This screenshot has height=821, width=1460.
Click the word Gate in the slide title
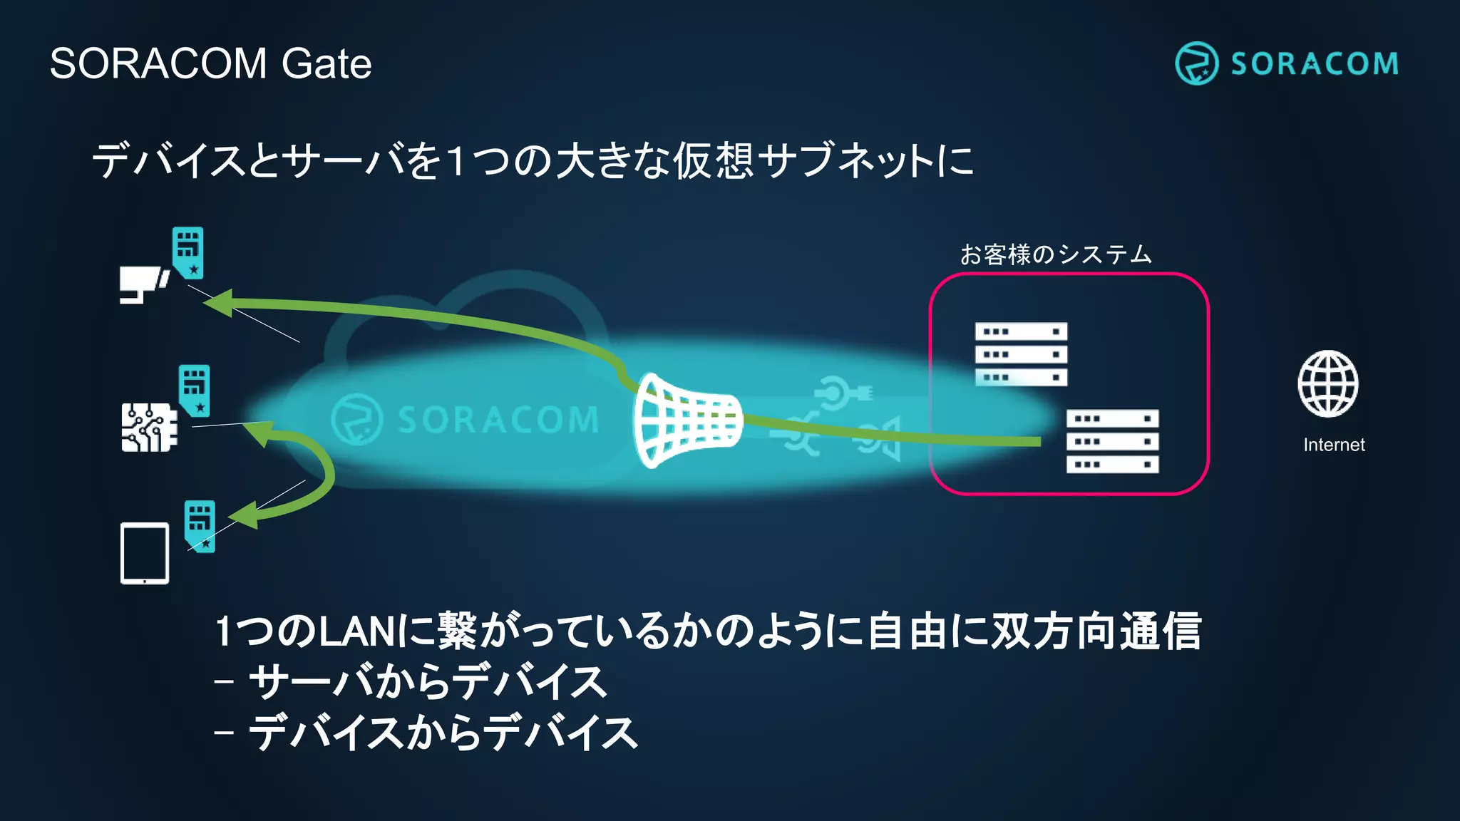point(326,63)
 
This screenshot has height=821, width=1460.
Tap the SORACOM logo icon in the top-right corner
point(1196,63)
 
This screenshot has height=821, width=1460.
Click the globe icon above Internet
point(1327,383)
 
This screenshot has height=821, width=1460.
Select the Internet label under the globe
point(1334,445)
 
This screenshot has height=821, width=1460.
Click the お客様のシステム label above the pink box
point(1055,254)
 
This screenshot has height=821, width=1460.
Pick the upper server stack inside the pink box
point(1021,354)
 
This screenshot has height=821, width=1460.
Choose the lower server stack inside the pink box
point(1112,441)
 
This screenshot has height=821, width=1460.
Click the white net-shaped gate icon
point(686,420)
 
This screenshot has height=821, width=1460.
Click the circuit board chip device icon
point(149,427)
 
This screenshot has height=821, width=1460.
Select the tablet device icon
point(145,553)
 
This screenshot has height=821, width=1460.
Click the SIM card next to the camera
point(188,253)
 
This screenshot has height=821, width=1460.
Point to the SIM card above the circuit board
point(194,390)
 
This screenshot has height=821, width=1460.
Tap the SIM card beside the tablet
point(200,525)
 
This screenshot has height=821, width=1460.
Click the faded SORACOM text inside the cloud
point(498,420)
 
